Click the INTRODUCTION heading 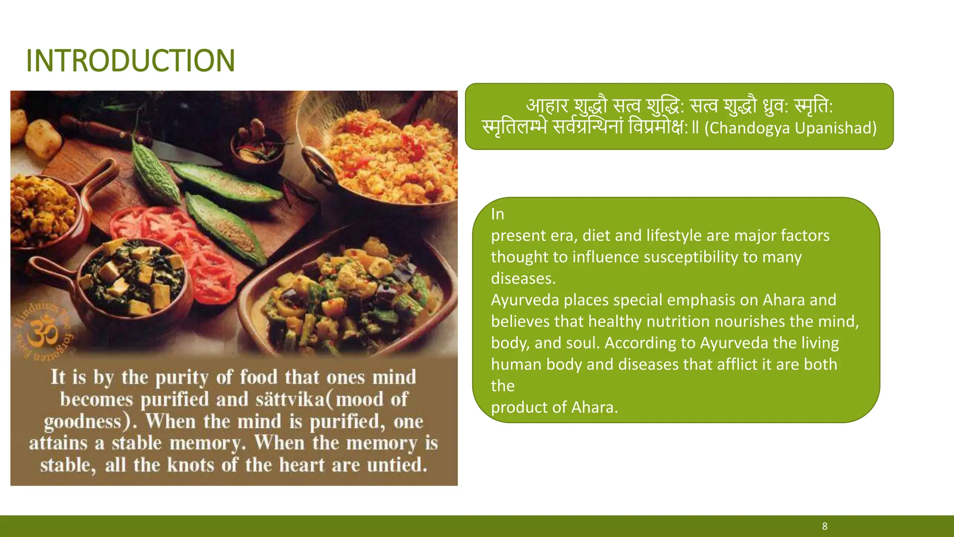130,61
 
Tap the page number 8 825,526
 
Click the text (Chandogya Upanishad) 790,128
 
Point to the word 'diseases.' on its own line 523,278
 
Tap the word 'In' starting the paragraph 497,214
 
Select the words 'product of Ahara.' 554,407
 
